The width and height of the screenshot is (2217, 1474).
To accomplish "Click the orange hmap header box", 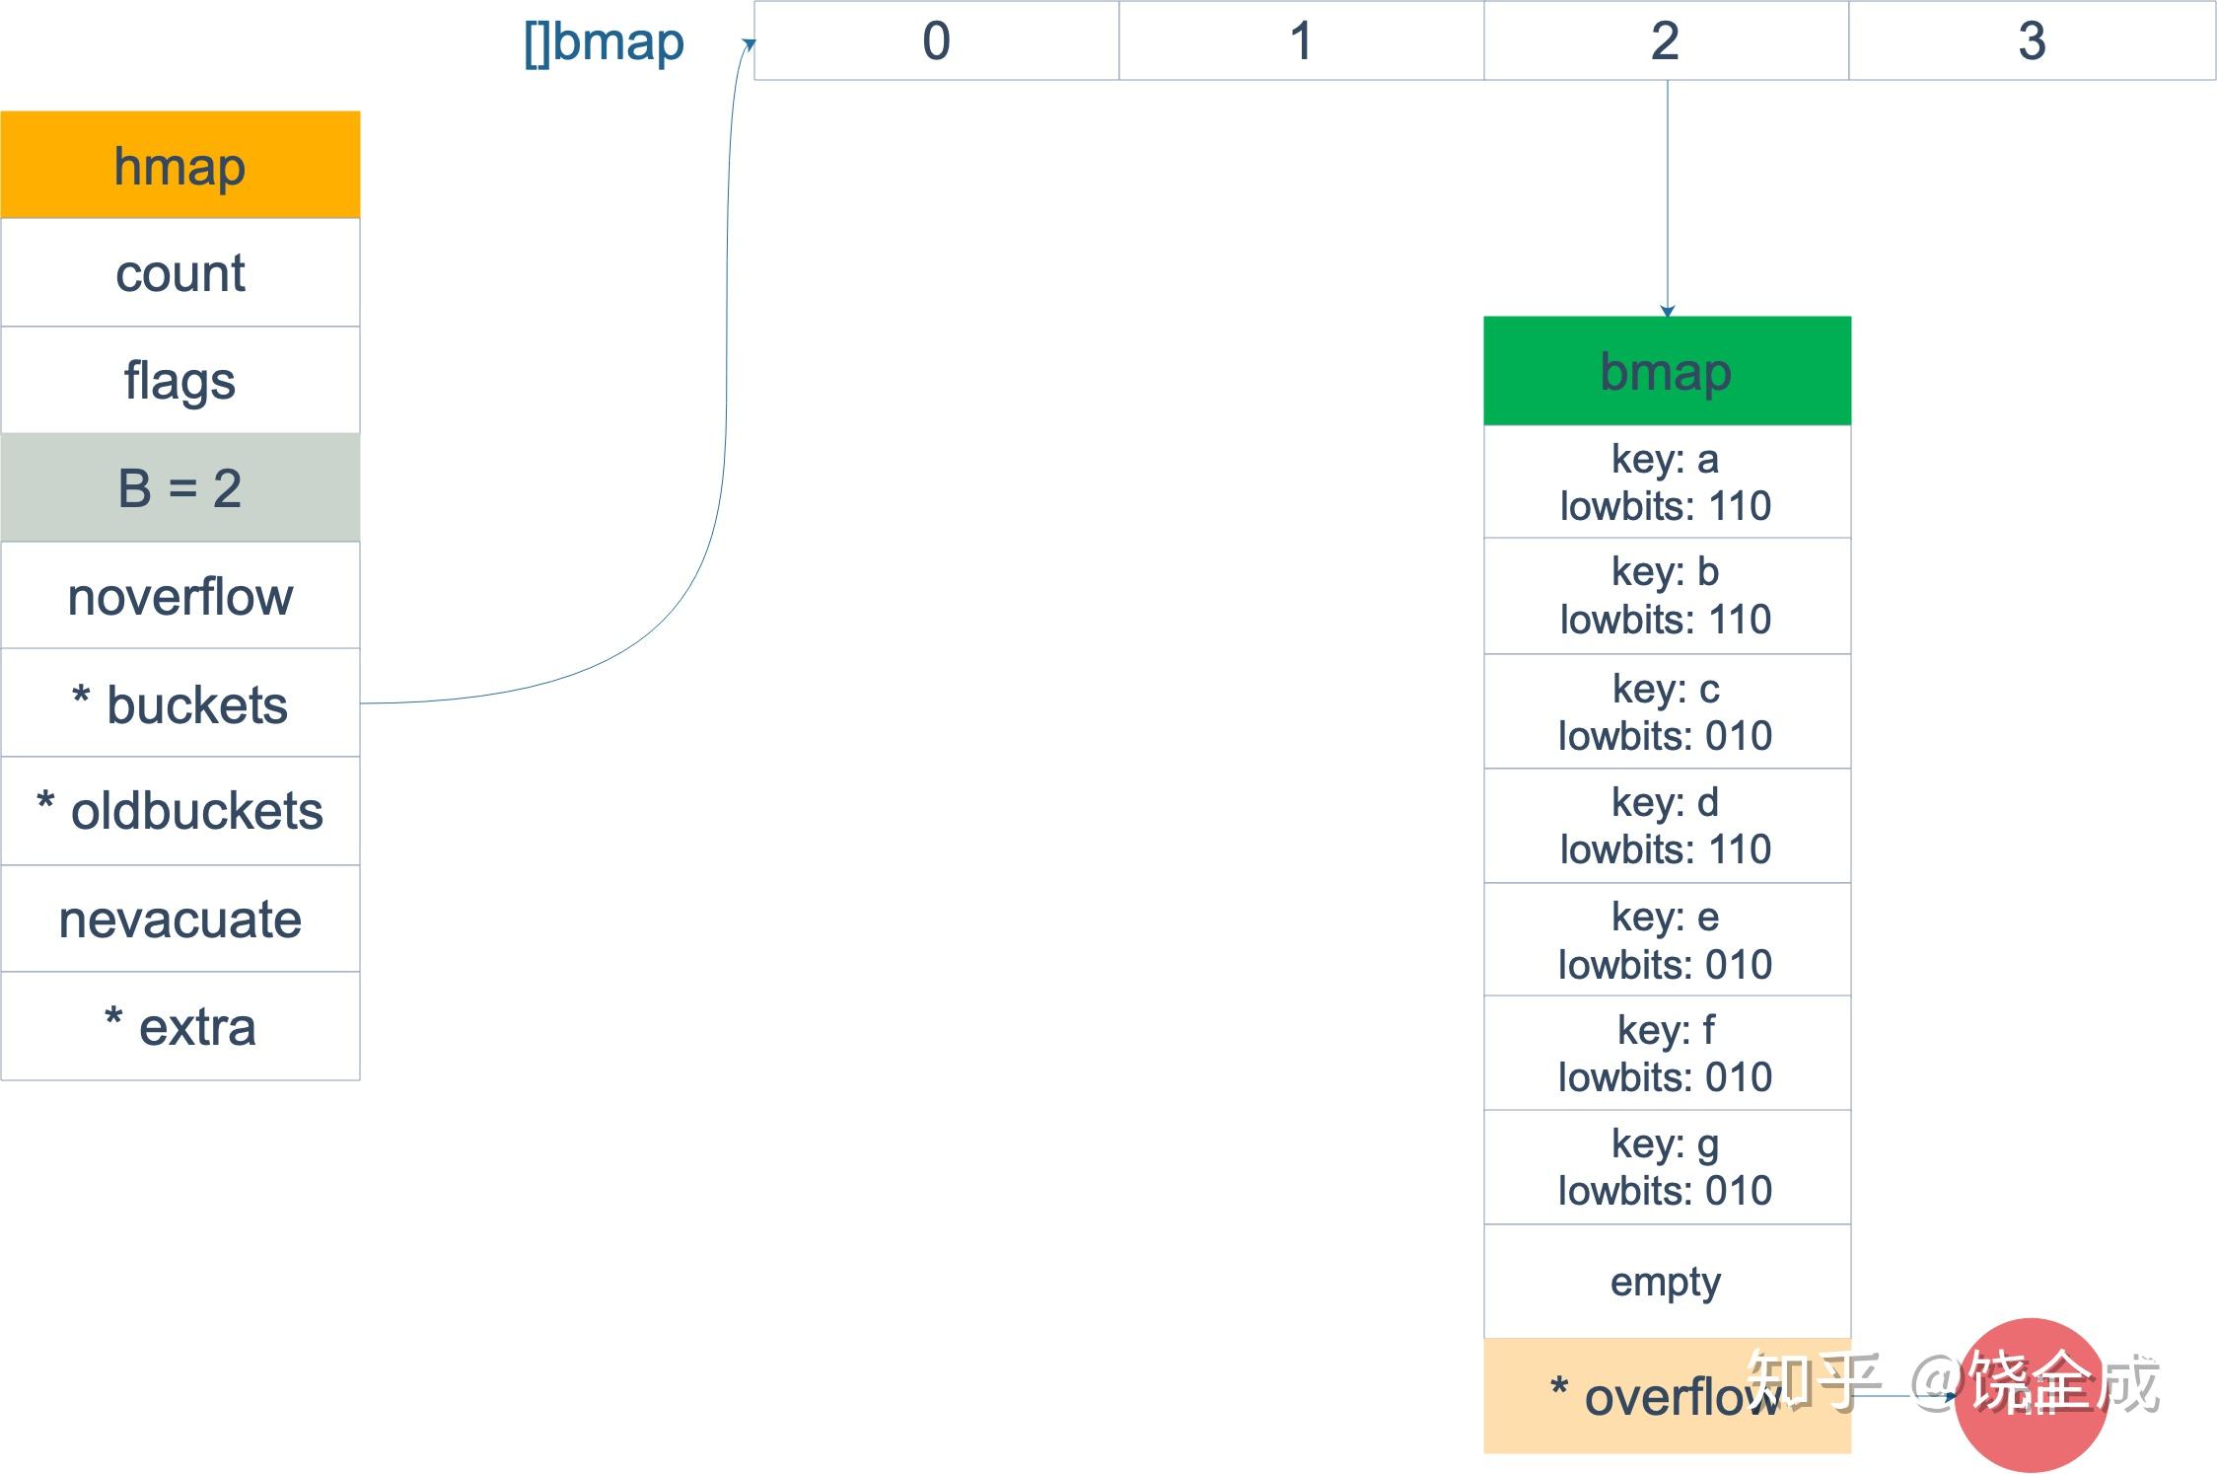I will tap(180, 165).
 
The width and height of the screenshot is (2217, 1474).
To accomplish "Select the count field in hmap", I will tap(180, 272).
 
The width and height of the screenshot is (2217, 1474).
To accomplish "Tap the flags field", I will tap(180, 380).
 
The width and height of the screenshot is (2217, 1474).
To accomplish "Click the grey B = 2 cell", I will tap(180, 487).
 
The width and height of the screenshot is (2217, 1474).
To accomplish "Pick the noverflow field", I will tap(180, 596).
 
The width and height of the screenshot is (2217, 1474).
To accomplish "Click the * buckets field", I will tap(180, 703).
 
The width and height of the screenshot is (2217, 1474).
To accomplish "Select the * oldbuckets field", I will tap(180, 811).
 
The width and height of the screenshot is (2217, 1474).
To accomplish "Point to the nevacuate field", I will tap(180, 919).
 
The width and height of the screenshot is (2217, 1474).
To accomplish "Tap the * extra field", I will tap(180, 1026).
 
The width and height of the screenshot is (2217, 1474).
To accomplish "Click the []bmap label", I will tap(604, 42).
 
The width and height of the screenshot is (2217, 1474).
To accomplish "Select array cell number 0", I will tap(936, 41).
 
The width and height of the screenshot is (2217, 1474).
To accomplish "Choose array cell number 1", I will tap(1301, 41).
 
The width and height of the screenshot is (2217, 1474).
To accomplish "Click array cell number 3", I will tap(2032, 41).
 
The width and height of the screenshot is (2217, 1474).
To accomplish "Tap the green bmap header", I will tap(1667, 371).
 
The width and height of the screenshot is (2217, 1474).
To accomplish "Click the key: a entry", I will tap(1667, 482).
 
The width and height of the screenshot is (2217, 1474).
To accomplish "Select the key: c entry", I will tap(1667, 711).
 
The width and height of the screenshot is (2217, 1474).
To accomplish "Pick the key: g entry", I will tap(1667, 1167).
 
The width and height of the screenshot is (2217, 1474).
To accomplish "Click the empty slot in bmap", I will tap(1667, 1282).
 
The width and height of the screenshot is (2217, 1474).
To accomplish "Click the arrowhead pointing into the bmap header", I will tap(1668, 311).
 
